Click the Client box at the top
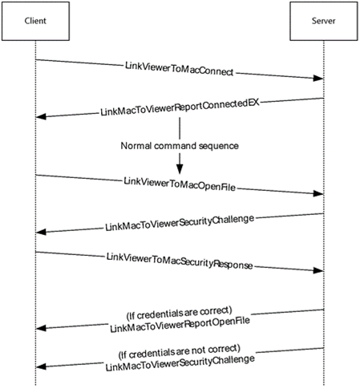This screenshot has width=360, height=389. [x=35, y=21]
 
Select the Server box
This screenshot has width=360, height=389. [x=324, y=21]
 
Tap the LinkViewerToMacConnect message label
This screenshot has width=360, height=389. [x=179, y=69]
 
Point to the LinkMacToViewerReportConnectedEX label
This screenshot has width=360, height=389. [x=180, y=107]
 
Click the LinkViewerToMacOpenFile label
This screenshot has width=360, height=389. [x=180, y=184]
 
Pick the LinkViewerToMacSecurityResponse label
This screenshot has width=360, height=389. [x=180, y=261]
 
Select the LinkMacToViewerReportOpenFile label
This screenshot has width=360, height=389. [x=180, y=325]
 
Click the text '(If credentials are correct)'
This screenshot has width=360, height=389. [x=179, y=313]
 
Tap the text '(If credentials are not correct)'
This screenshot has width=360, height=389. [x=180, y=351]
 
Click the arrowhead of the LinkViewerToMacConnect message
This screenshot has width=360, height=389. [x=318, y=78]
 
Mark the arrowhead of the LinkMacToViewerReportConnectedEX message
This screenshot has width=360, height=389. [x=41, y=116]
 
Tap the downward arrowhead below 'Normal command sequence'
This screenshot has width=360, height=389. [x=180, y=169]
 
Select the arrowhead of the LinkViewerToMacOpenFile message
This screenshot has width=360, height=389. [x=318, y=193]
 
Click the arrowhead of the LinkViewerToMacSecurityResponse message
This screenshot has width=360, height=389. [x=318, y=270]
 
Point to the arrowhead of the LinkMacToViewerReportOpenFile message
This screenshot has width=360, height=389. [x=41, y=328]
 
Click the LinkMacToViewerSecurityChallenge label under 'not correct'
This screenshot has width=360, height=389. [x=180, y=363]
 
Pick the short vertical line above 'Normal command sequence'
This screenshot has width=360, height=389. [x=180, y=128]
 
